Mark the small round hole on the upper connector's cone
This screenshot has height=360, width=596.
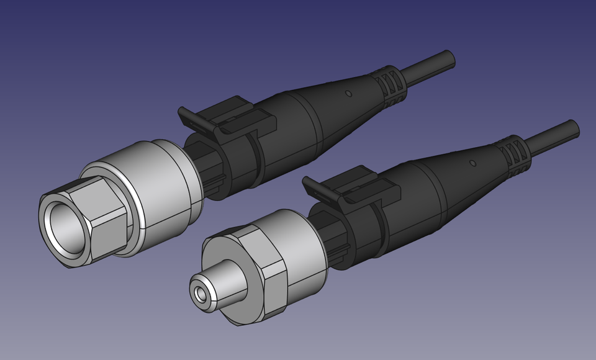[x=348, y=94]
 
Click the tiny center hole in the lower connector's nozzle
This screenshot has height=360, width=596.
[x=199, y=292]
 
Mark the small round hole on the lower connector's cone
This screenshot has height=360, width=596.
[x=472, y=163]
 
